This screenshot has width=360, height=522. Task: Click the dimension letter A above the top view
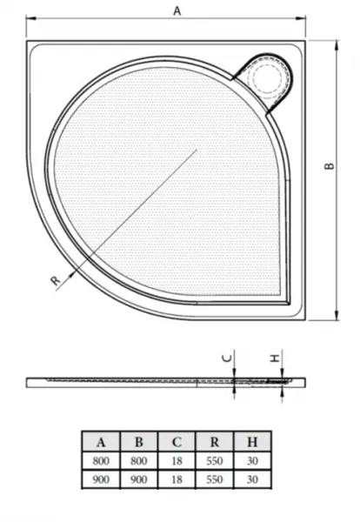[x=177, y=11]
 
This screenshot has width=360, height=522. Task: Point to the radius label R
[x=56, y=281]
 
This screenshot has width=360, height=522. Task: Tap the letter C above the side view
[x=227, y=358]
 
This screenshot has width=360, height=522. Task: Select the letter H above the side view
[x=275, y=358]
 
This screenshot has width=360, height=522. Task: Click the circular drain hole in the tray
[x=267, y=77]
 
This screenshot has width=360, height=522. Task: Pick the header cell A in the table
[x=101, y=442]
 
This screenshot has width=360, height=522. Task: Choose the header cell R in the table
[x=215, y=442]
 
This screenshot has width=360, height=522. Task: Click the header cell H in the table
[x=252, y=442]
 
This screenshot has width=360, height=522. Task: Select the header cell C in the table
[x=177, y=442]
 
